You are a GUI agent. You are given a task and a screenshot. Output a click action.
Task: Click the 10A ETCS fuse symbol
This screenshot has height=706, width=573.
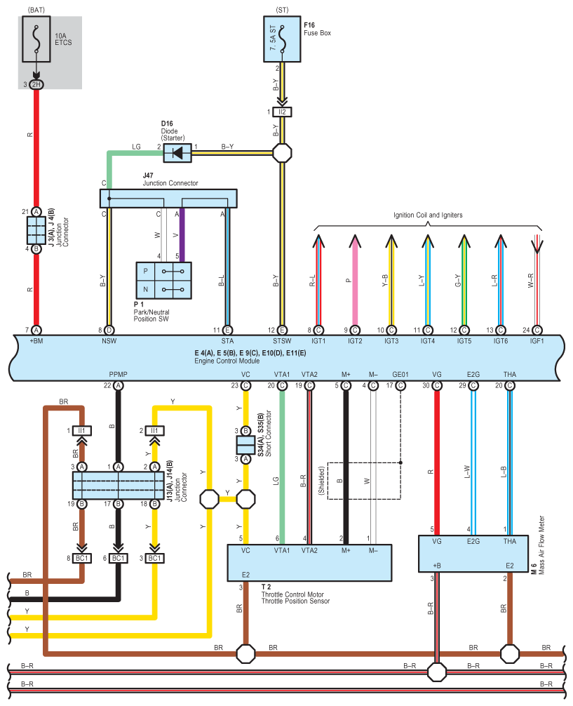pyautogui.click(x=36, y=39)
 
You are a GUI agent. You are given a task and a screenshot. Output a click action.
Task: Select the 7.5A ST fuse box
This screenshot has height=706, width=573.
pyautogui.click(x=282, y=39)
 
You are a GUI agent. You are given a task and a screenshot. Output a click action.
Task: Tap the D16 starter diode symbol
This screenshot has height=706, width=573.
pyautogui.click(x=177, y=153)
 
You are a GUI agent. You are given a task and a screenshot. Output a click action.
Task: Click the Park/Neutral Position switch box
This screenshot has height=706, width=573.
pyautogui.click(x=164, y=281)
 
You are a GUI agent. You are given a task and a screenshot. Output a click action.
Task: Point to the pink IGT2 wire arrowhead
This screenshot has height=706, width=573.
pyautogui.click(x=355, y=241)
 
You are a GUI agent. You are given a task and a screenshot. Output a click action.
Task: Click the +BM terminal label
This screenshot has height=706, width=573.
pyautogui.click(x=36, y=341)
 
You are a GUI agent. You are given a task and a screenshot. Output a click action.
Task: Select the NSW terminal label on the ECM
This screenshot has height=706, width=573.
pyautogui.click(x=109, y=341)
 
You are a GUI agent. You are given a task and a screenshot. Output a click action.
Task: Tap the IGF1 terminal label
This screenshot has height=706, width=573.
pyautogui.click(x=537, y=341)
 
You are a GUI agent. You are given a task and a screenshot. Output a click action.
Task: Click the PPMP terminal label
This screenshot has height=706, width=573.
pyautogui.click(x=118, y=374)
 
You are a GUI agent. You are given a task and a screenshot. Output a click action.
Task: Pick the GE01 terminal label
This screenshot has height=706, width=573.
pyautogui.click(x=400, y=374)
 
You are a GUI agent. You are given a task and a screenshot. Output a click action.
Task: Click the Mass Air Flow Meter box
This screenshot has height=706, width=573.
pyautogui.click(x=473, y=554)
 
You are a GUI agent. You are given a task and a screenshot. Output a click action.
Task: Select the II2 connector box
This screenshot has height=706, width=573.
pyautogui.click(x=282, y=112)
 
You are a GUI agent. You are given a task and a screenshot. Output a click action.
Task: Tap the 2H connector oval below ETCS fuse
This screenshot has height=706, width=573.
pyautogui.click(x=36, y=84)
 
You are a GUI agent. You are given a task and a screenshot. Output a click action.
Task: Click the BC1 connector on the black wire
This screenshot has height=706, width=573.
pyautogui.click(x=118, y=559)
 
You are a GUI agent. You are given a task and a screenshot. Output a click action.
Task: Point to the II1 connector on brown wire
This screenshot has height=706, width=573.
pyautogui.click(x=82, y=431)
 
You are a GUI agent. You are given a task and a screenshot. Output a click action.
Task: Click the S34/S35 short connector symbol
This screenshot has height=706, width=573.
pyautogui.click(x=245, y=445)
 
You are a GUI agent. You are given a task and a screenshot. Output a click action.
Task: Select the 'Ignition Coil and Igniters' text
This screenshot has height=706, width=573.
pyautogui.click(x=428, y=215)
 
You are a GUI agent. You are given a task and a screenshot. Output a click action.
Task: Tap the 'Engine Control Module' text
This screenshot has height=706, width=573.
pyautogui.click(x=227, y=361)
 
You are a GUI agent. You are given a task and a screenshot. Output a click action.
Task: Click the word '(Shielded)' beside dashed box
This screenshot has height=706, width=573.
pyautogui.click(x=321, y=481)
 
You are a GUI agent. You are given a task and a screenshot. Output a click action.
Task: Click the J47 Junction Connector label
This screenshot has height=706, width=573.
pyautogui.click(x=170, y=179)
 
